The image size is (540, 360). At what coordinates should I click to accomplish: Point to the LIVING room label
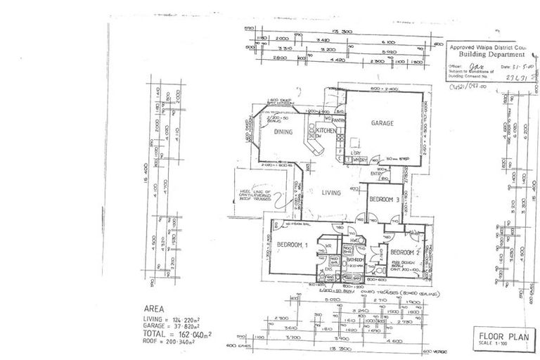(331, 193)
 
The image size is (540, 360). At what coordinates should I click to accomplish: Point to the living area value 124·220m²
(185, 319)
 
